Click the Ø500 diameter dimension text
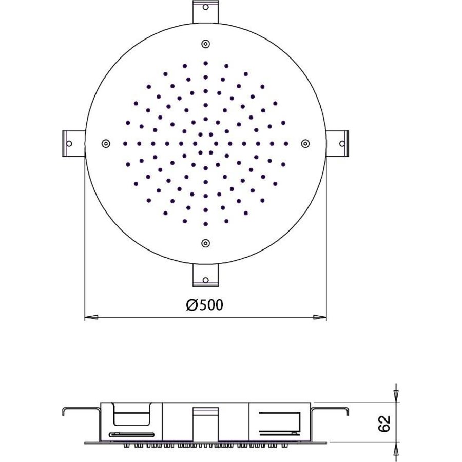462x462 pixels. [204, 305]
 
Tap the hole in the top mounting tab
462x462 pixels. [205, 8]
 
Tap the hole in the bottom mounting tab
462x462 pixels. [205, 280]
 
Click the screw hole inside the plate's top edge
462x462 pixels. [205, 44]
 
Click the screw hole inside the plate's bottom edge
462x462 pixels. [205, 243]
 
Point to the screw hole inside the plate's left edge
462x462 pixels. [105, 143]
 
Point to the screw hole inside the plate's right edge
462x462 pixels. [305, 143]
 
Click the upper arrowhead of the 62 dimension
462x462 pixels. [395, 397]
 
